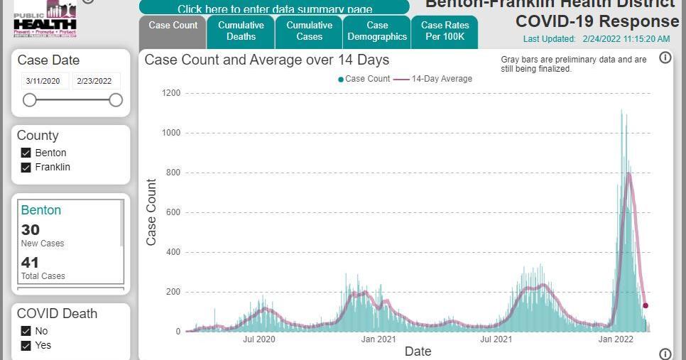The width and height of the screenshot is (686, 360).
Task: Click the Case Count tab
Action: pyautogui.click(x=173, y=26)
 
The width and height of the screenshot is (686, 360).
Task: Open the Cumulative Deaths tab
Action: pyautogui.click(x=241, y=31)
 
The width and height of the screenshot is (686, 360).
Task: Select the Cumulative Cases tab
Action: pyautogui.click(x=309, y=31)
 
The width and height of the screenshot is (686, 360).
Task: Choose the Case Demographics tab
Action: pyautogui.click(x=377, y=31)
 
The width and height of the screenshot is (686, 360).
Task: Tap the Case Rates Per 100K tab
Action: pyautogui.click(x=445, y=31)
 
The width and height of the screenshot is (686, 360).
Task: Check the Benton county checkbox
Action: pyautogui.click(x=26, y=153)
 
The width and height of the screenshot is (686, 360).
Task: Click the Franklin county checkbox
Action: pyautogui.click(x=26, y=168)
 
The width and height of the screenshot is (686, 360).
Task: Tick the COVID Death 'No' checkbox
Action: pyautogui.click(x=26, y=331)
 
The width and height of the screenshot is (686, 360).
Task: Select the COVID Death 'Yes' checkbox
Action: pyautogui.click(x=26, y=346)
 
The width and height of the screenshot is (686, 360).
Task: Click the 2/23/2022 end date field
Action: pyautogui.click(x=97, y=81)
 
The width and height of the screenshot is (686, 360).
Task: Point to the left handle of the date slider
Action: pyautogui.click(x=29, y=100)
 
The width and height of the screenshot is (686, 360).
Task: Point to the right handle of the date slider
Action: pyautogui.click(x=116, y=100)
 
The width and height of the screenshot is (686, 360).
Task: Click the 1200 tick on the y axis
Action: pyautogui.click(x=171, y=93)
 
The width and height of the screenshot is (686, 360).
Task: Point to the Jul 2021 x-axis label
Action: pyautogui.click(x=496, y=339)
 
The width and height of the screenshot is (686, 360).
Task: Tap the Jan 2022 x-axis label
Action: pyautogui.click(x=615, y=339)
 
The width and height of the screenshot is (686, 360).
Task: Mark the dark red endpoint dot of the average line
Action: pyautogui.click(x=646, y=305)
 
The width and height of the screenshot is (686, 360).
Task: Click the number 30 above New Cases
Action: pyautogui.click(x=31, y=229)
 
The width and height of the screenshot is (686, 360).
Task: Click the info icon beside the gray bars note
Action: pyautogui.click(x=665, y=58)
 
